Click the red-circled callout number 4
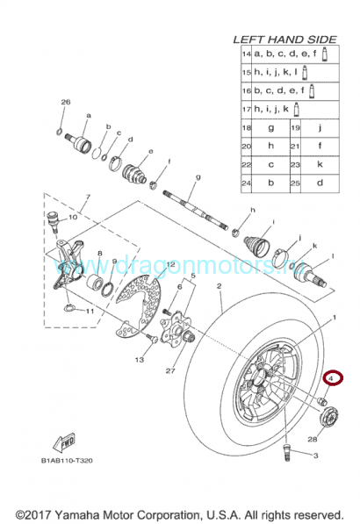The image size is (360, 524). click(x=334, y=378)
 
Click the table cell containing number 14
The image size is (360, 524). click(x=247, y=54)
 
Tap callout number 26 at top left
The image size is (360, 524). click(x=64, y=103)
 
